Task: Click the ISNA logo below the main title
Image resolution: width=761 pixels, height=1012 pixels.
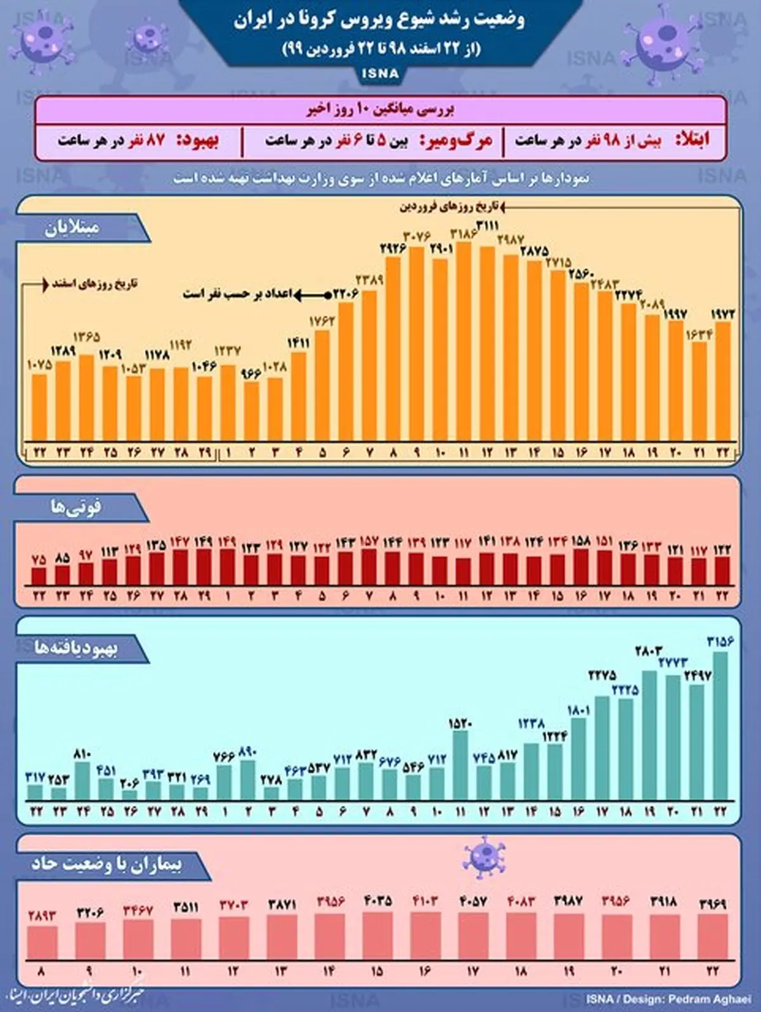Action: click(x=380, y=74)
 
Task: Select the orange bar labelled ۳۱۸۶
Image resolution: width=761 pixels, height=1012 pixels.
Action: click(x=464, y=342)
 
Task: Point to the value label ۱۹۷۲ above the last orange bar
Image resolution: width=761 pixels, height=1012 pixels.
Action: click(x=722, y=314)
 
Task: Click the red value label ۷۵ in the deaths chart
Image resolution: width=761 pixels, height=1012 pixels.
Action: click(x=39, y=560)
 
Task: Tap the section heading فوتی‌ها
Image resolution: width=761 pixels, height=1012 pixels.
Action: click(x=76, y=507)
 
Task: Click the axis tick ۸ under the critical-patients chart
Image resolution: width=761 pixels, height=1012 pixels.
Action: click(x=41, y=970)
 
